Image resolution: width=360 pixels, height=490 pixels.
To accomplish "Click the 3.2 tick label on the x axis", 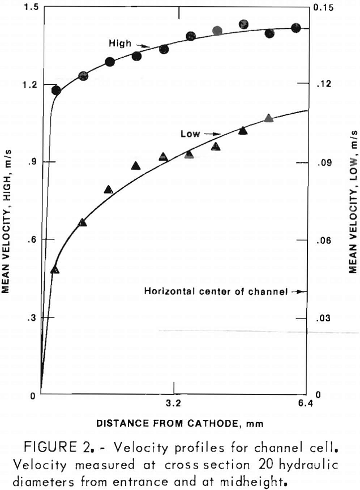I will click(x=173, y=404).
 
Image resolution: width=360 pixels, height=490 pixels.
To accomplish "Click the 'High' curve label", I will click(x=121, y=44).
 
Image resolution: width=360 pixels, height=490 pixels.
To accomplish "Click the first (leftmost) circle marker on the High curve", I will click(x=56, y=91).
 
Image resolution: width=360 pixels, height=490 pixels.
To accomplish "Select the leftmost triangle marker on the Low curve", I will click(x=55, y=269).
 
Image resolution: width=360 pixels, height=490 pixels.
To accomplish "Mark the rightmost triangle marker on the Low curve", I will click(x=269, y=118).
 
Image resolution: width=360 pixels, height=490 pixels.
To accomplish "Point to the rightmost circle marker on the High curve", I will click(x=295, y=28).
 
